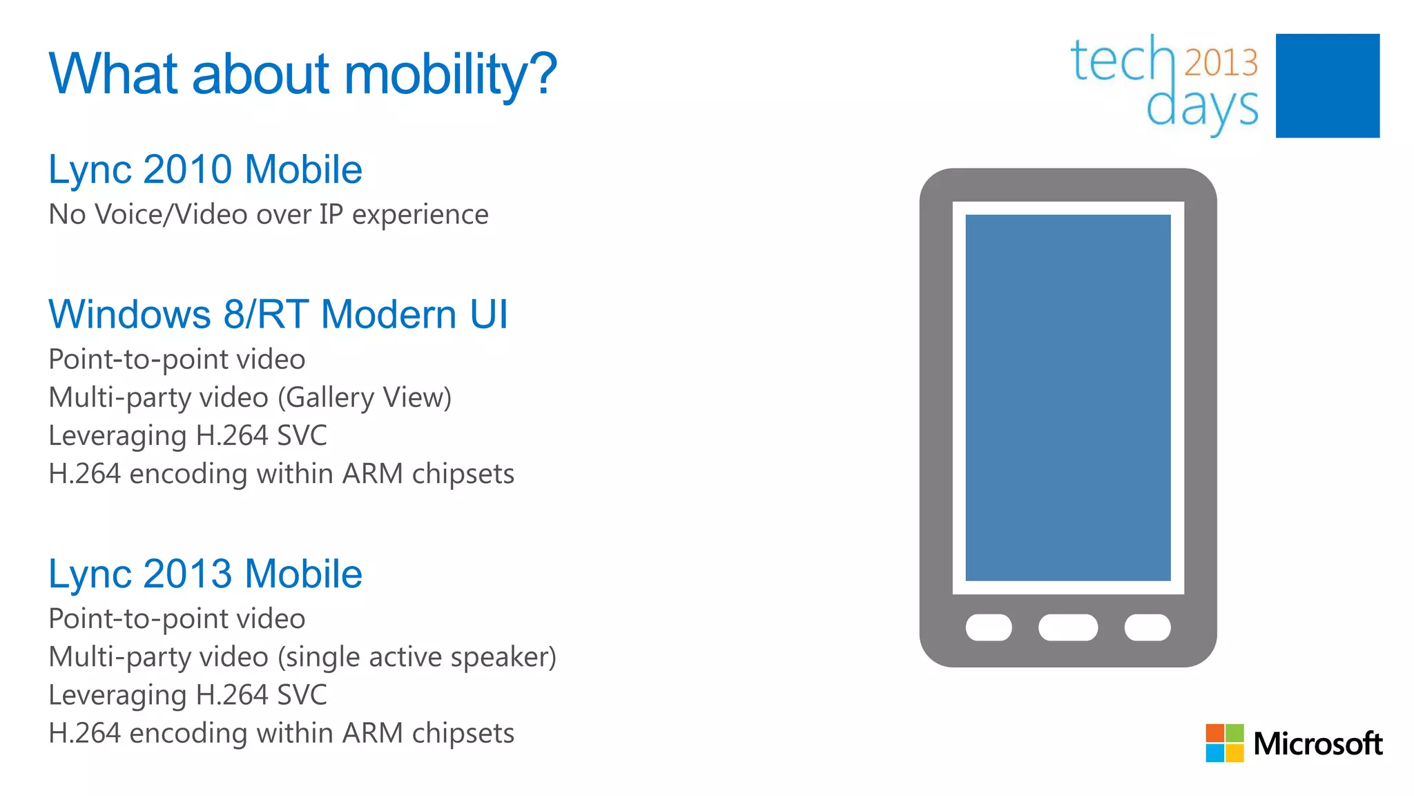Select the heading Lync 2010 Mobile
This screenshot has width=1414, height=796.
(205, 170)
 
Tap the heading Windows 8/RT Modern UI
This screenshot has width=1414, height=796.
(278, 314)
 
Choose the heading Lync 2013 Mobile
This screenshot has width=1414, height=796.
(205, 574)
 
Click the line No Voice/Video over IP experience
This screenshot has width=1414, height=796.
(269, 215)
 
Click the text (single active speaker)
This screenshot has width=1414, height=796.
(417, 657)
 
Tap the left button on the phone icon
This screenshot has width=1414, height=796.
(988, 627)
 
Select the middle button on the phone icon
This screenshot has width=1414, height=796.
(1067, 627)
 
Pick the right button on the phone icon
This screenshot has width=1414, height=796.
(1147, 627)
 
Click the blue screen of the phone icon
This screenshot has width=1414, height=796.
(1067, 397)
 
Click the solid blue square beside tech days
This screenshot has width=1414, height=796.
(1327, 86)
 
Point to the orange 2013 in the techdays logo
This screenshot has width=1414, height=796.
(1221, 63)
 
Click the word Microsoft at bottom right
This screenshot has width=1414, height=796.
(1317, 744)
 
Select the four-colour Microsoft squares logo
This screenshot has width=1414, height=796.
(1224, 743)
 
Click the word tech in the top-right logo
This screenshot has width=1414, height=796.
(1122, 61)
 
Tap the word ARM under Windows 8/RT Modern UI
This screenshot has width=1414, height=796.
(373, 474)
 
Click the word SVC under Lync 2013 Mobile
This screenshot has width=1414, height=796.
(301, 695)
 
